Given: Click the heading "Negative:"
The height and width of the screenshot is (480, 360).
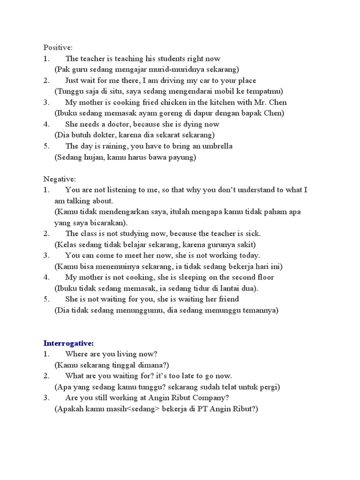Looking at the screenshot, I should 60,179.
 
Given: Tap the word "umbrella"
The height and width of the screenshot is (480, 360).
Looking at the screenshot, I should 217,146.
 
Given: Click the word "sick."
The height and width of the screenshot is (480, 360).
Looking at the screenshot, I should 251,233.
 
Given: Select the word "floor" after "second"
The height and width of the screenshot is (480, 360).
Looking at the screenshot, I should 264,277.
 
